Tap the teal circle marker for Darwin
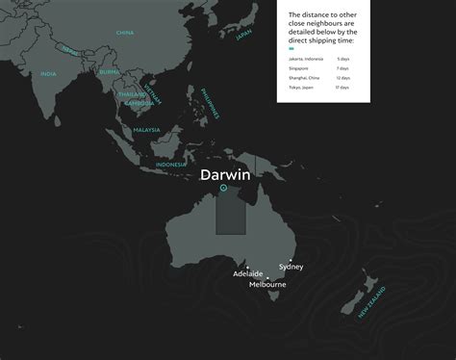(223, 189)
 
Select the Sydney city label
(291, 266)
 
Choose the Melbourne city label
(266, 285)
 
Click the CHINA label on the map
(125, 33)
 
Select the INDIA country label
(48, 74)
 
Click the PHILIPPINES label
(210, 100)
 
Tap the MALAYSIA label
(146, 129)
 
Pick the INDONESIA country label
(170, 164)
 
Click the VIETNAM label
(151, 93)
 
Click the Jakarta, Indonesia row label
(306, 59)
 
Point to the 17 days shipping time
(343, 88)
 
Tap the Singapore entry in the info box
(298, 68)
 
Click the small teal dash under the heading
(291, 47)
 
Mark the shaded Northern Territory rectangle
(230, 211)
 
